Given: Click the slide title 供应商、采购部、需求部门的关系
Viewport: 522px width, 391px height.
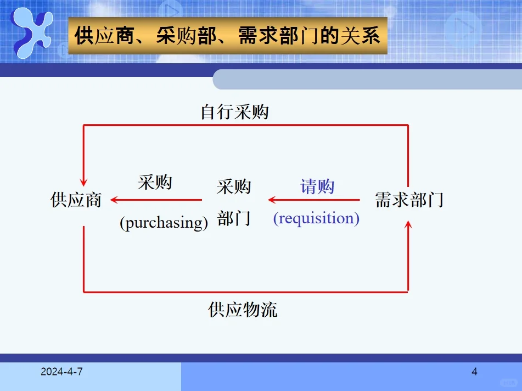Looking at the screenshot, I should pyautogui.click(x=227, y=36).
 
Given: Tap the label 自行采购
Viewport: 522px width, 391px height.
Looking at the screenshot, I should pyautogui.click(x=234, y=113).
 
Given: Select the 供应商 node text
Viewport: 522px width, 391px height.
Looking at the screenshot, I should pyautogui.click(x=76, y=200).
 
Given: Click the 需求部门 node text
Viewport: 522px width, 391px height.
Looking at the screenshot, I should pyautogui.click(x=409, y=200).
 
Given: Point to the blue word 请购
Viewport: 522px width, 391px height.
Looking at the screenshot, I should pyautogui.click(x=317, y=186).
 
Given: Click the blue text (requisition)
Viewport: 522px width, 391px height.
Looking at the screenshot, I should pyautogui.click(x=316, y=218).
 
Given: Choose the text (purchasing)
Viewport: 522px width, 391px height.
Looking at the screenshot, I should pyautogui.click(x=164, y=223).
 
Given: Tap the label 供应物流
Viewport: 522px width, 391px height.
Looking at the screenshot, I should pyautogui.click(x=243, y=310).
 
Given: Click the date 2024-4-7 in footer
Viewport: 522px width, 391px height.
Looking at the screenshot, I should pyautogui.click(x=61, y=372).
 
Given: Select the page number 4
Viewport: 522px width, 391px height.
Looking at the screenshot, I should pyautogui.click(x=474, y=372).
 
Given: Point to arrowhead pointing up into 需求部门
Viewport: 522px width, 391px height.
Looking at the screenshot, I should pyautogui.click(x=408, y=224).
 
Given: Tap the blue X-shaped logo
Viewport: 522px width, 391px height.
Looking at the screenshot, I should pyautogui.click(x=33, y=33).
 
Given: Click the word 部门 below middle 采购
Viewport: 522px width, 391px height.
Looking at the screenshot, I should pyautogui.click(x=234, y=218).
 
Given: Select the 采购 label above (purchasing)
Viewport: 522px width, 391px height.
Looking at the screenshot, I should pyautogui.click(x=155, y=182).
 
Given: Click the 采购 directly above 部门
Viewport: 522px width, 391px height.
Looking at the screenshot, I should pyautogui.click(x=234, y=187).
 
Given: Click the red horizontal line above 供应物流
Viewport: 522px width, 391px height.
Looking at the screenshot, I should pyautogui.click(x=245, y=291).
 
